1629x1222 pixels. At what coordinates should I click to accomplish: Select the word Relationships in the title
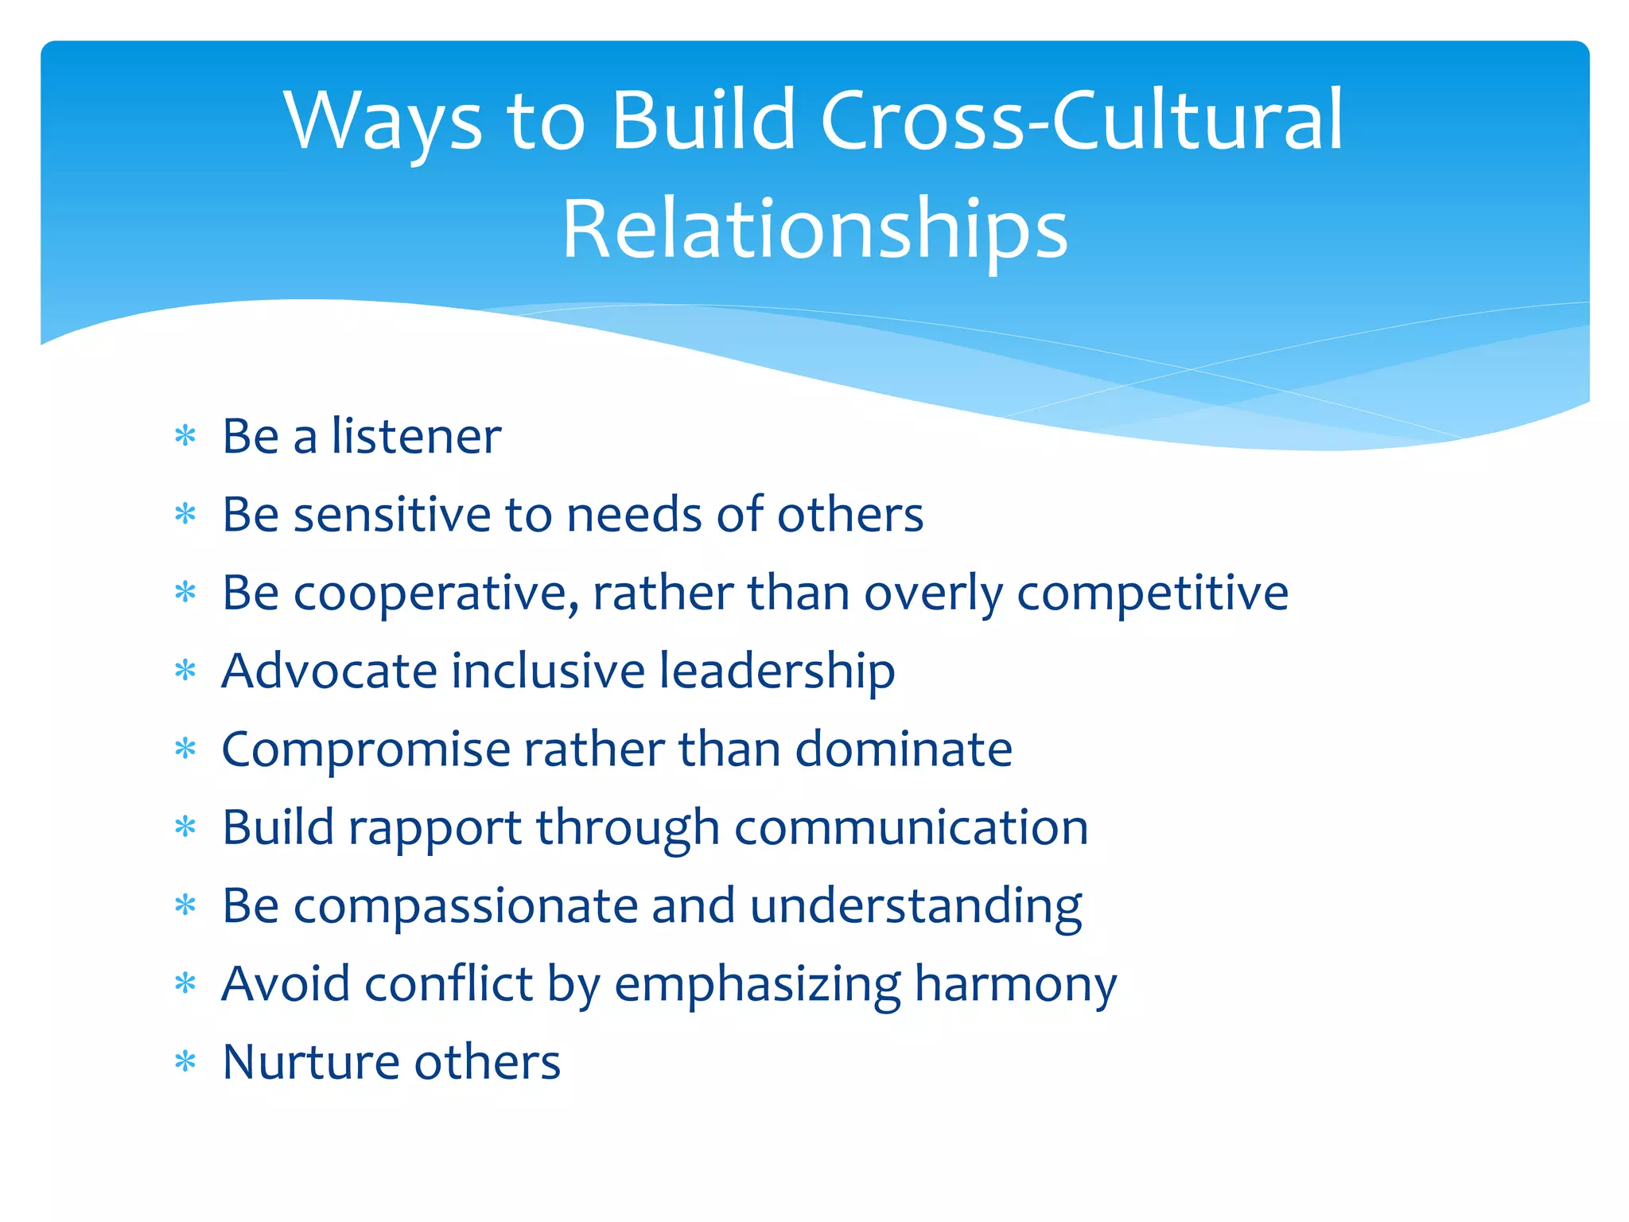(814, 230)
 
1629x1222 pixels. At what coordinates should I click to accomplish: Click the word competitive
(1153, 593)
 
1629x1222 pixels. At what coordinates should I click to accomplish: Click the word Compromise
(366, 749)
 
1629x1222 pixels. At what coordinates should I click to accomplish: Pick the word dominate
(904, 749)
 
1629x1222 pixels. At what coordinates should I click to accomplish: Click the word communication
(911, 827)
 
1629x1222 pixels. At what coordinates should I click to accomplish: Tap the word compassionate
(465, 905)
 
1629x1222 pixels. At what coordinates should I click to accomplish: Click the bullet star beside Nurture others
(185, 1062)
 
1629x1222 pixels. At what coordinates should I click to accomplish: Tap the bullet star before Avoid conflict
(185, 984)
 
